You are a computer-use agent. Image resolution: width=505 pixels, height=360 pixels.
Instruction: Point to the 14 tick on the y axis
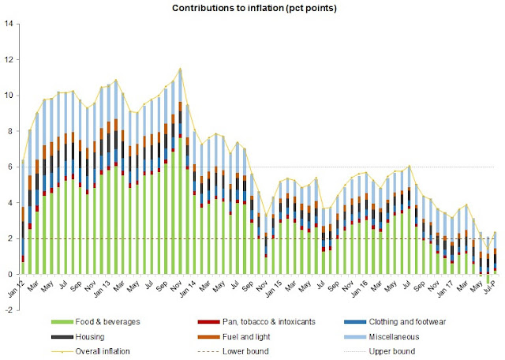click(8, 24)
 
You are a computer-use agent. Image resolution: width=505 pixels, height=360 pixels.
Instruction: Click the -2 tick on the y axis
click(8, 310)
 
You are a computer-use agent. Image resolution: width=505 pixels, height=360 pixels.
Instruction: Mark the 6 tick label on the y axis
click(10, 167)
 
